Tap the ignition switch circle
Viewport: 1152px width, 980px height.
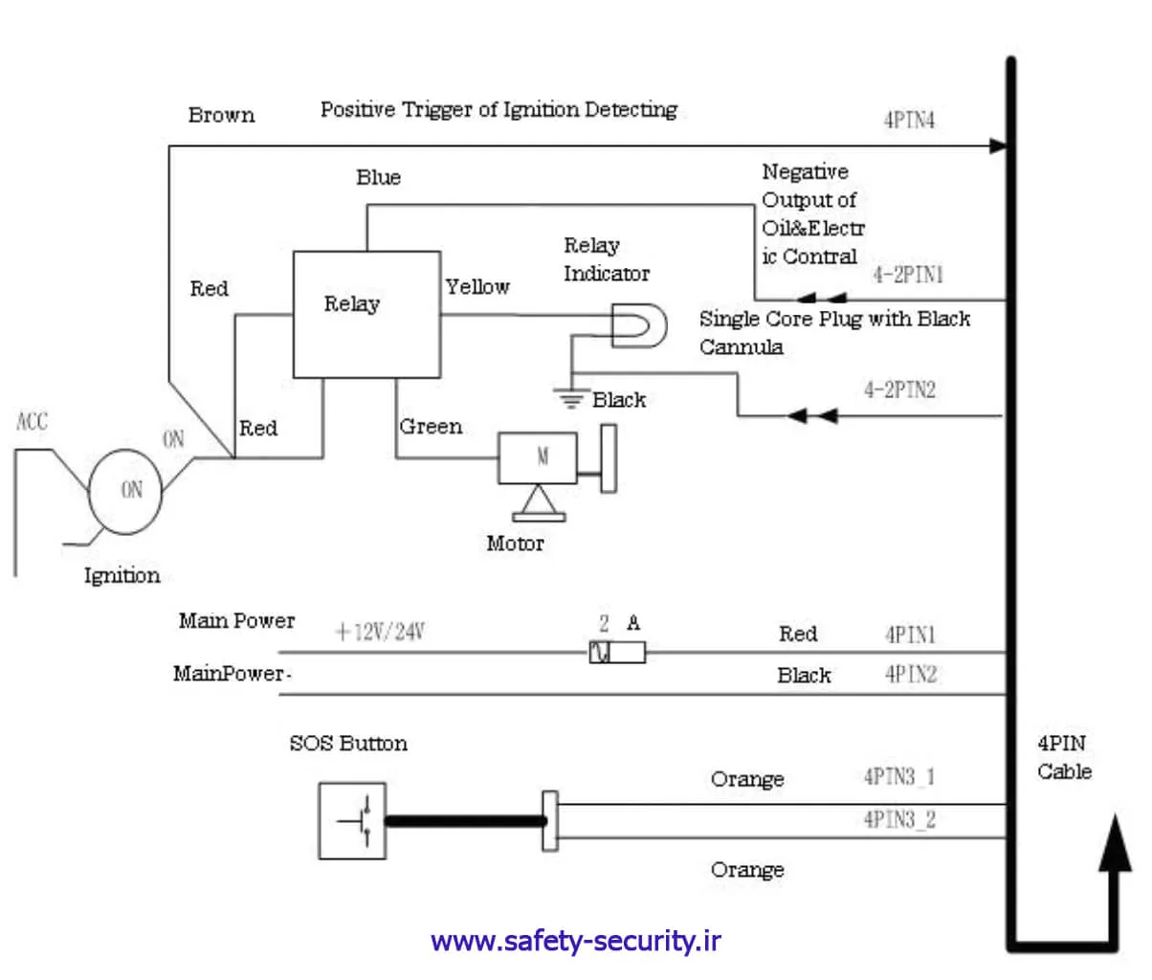pos(125,491)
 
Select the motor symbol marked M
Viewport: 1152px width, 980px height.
pos(538,458)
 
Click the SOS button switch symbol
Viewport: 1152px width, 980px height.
pos(352,820)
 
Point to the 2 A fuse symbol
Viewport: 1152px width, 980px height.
pos(617,654)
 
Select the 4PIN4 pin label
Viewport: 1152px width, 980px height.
pos(908,122)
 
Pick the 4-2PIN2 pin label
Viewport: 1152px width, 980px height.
pos(899,390)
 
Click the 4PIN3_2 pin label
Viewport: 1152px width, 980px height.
pos(898,819)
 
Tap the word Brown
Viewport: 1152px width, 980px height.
pos(221,116)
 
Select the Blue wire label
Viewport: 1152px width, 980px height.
pos(378,177)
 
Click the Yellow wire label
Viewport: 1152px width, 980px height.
pos(477,286)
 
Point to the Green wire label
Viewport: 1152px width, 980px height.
pos(431,427)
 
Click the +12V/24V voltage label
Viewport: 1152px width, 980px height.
pos(380,633)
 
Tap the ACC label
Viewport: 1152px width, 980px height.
pos(32,421)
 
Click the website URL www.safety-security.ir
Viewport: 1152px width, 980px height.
pos(576,942)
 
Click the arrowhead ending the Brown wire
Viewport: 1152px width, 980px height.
pos(998,146)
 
